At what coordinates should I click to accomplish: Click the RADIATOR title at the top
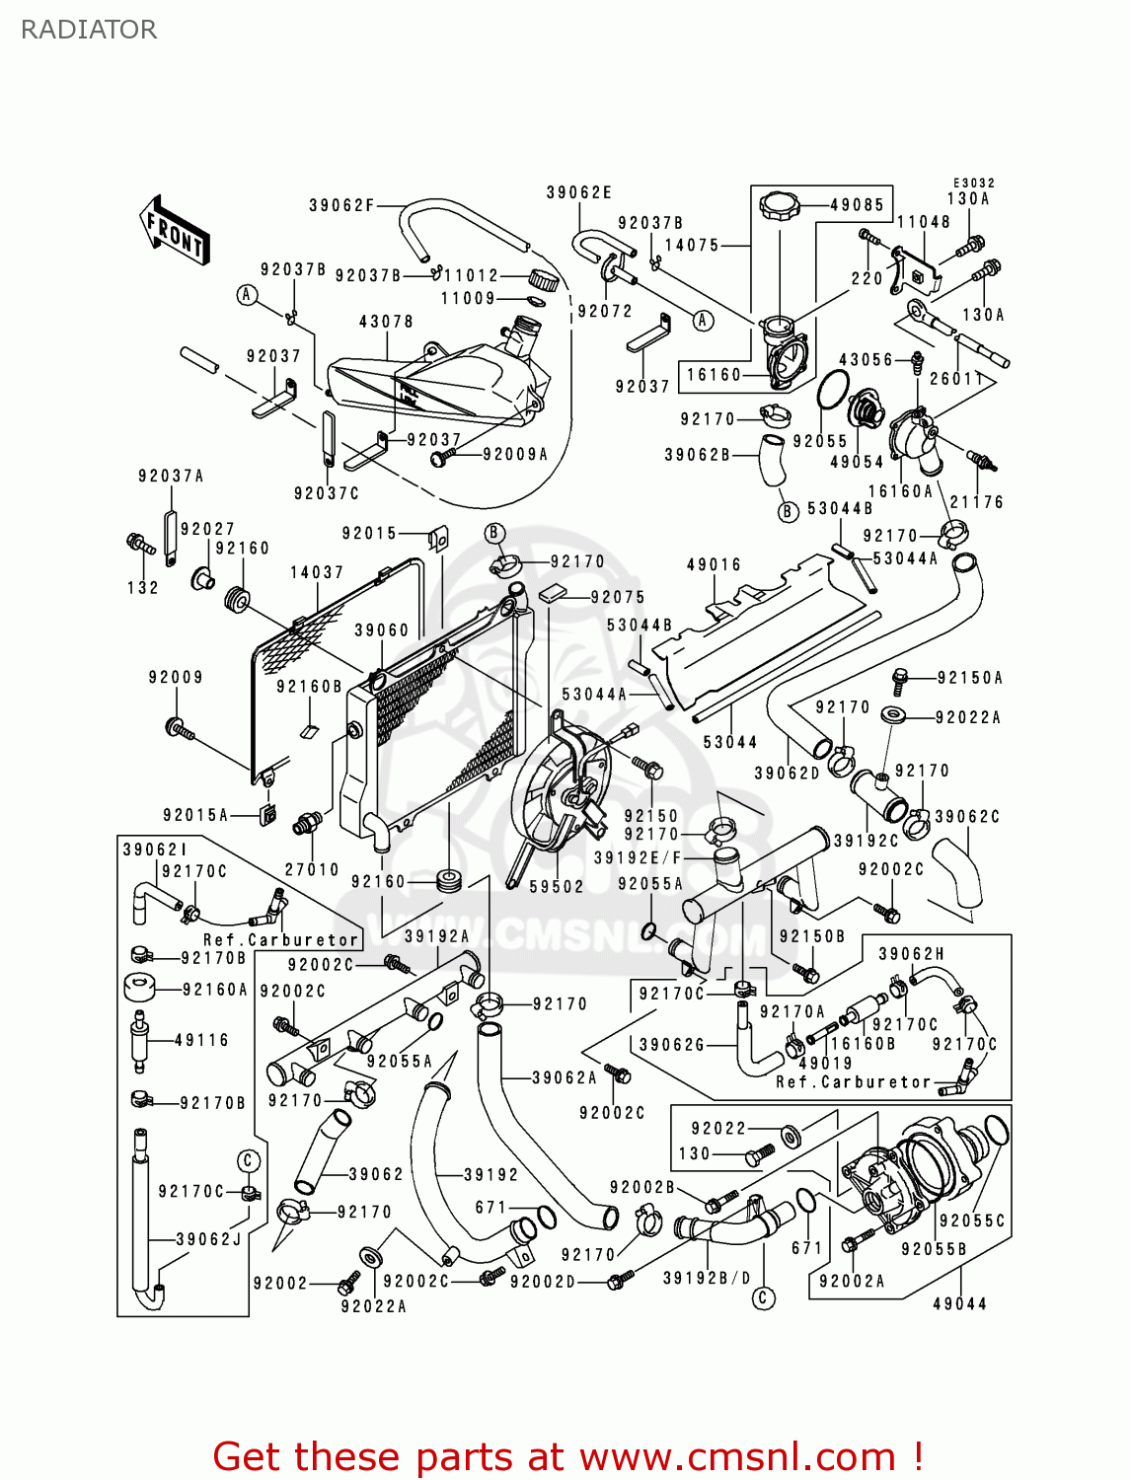point(89,30)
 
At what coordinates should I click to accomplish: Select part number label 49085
point(857,205)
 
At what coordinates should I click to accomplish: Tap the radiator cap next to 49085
point(780,207)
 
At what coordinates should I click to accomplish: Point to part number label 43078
point(386,322)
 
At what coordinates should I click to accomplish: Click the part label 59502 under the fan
point(557,887)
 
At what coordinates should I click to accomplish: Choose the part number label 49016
point(714,565)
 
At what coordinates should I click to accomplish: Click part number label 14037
point(317,572)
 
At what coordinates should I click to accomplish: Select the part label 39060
point(382,630)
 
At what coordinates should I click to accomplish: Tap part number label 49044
point(960,1304)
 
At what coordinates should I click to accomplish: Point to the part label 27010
point(312,869)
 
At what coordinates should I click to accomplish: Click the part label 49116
point(201,1040)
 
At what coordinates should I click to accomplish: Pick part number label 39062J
point(208,1239)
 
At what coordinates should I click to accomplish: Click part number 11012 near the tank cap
point(472,276)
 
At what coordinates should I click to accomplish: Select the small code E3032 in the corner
point(973,184)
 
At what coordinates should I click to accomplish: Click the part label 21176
point(976,502)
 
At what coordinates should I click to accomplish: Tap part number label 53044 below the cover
point(730,742)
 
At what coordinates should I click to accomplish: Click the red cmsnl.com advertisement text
point(567,1456)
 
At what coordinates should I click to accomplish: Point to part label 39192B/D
point(707,1278)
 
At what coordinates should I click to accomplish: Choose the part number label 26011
point(956,379)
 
